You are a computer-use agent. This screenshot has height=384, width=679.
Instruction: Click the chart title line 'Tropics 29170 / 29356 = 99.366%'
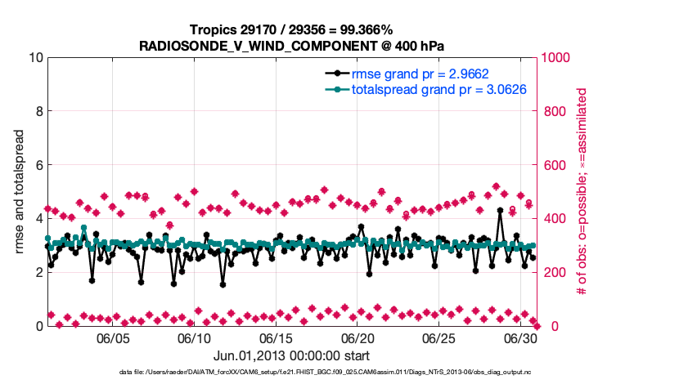290,30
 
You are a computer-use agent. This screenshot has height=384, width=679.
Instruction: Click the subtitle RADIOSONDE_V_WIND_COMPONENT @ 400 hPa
290,46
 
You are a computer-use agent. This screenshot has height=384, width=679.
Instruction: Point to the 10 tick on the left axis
34,58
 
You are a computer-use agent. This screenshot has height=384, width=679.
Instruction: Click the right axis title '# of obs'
582,192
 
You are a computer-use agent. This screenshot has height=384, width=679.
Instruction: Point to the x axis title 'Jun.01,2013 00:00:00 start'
290,356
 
